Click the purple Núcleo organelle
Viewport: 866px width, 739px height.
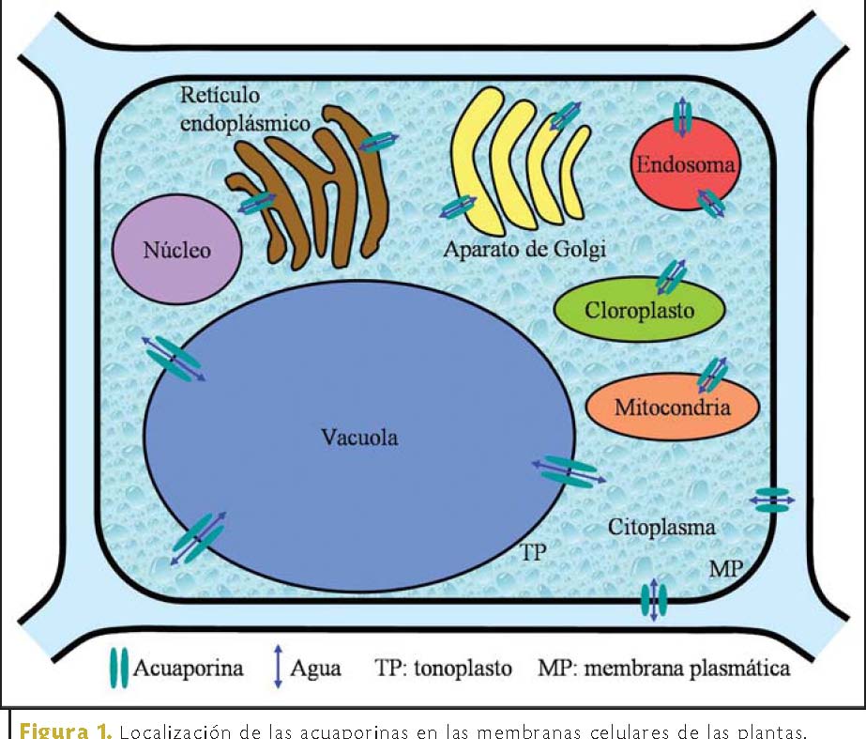click(x=176, y=250)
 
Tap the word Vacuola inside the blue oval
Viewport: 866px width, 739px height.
click(x=358, y=437)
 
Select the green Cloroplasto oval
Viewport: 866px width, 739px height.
click(x=640, y=311)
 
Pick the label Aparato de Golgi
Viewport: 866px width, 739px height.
click(x=525, y=250)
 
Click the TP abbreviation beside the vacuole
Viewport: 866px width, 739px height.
click(x=533, y=552)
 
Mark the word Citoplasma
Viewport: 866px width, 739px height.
click(x=661, y=528)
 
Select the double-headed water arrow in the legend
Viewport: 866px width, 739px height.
click(x=278, y=669)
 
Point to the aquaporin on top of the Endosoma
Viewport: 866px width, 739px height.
click(x=683, y=117)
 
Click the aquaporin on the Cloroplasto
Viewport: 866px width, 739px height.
click(x=672, y=276)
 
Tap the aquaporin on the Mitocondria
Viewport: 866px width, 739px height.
click(x=712, y=373)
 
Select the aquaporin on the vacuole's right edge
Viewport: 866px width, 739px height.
click(x=570, y=470)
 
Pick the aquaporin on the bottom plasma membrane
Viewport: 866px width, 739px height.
click(x=654, y=600)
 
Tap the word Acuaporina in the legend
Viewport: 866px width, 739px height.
click(x=189, y=669)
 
